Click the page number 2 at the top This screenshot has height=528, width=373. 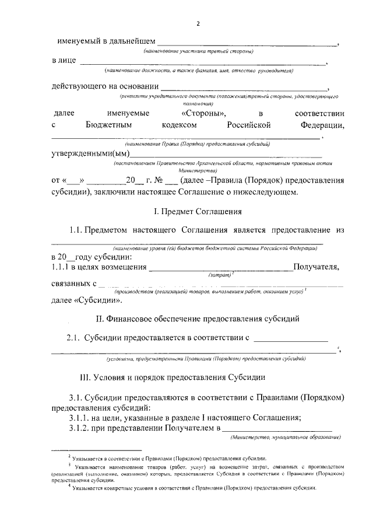(x=198, y=24)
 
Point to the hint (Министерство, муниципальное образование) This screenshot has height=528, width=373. (x=286, y=437)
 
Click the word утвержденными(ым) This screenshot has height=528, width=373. (x=90, y=153)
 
